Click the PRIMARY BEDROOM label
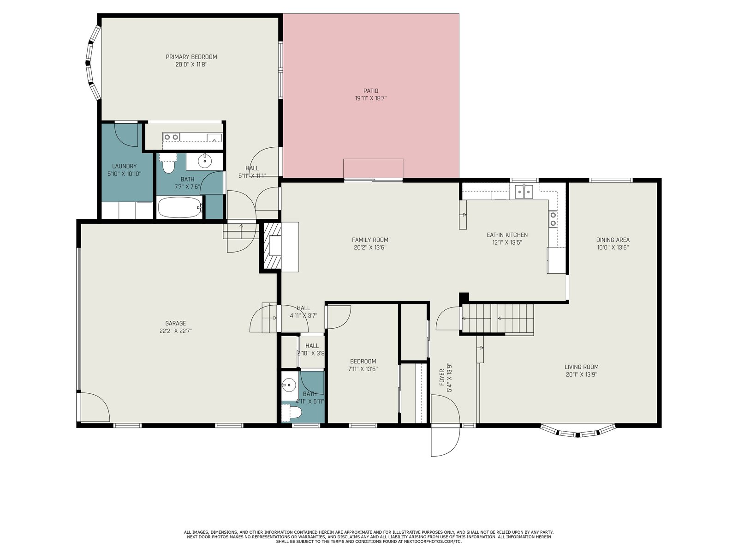pos(191,57)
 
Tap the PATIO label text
pos(370,91)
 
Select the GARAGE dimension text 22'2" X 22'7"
pos(176,331)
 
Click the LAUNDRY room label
pos(124,166)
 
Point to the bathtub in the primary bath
pos(179,208)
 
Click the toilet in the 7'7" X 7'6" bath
pos(168,163)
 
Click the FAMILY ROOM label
pos(370,240)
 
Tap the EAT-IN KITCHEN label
pos(507,235)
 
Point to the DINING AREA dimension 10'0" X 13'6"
pos(613,247)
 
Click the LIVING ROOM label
pos(581,367)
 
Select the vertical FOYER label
pos(442,377)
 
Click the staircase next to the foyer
pos(498,319)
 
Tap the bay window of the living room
pos(578,432)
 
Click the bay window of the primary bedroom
pos(93,63)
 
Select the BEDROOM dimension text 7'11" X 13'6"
pos(363,369)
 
